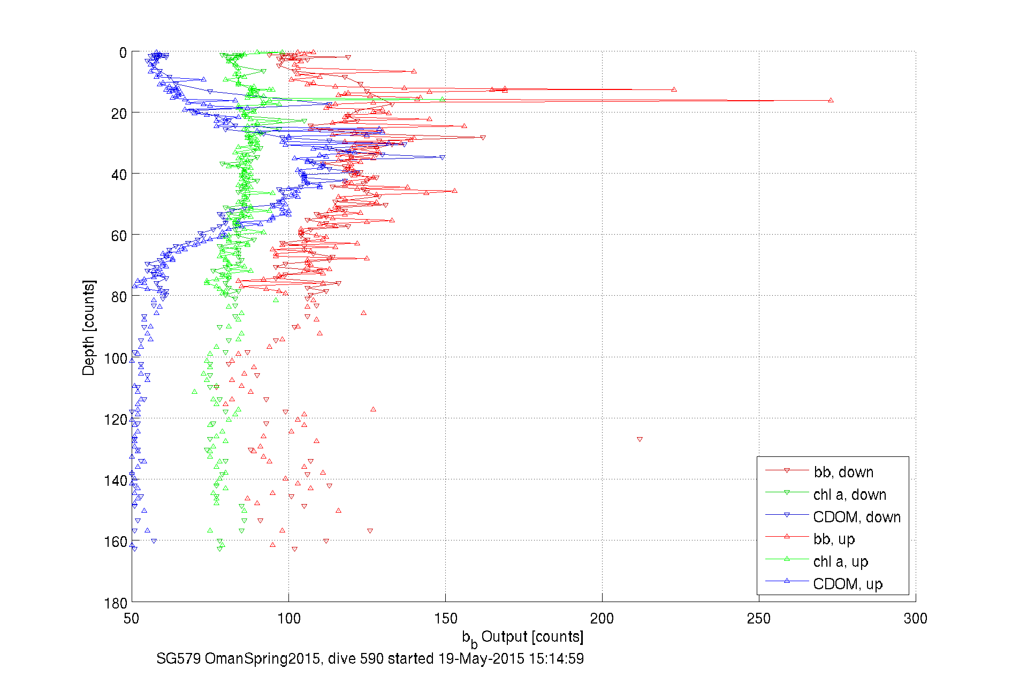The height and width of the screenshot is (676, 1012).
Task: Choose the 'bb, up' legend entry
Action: [834, 539]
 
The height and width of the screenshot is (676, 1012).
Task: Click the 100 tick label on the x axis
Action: [288, 619]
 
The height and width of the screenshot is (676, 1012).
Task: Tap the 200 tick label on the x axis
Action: [602, 619]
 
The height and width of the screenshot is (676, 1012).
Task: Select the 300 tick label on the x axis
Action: [915, 619]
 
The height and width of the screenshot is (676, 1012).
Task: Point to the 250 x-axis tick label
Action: [759, 619]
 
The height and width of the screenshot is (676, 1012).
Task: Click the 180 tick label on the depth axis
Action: [116, 604]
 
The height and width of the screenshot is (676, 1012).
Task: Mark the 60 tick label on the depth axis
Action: [119, 236]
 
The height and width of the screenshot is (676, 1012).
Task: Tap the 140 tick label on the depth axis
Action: [116, 480]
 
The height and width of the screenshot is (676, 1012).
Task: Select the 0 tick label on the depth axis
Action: [123, 52]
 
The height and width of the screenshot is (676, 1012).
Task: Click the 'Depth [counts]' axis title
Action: [89, 327]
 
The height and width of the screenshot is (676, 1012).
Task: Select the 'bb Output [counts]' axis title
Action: [522, 637]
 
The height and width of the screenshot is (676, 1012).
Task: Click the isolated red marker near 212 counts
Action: [640, 439]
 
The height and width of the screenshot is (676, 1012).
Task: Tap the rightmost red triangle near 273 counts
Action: [831, 100]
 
